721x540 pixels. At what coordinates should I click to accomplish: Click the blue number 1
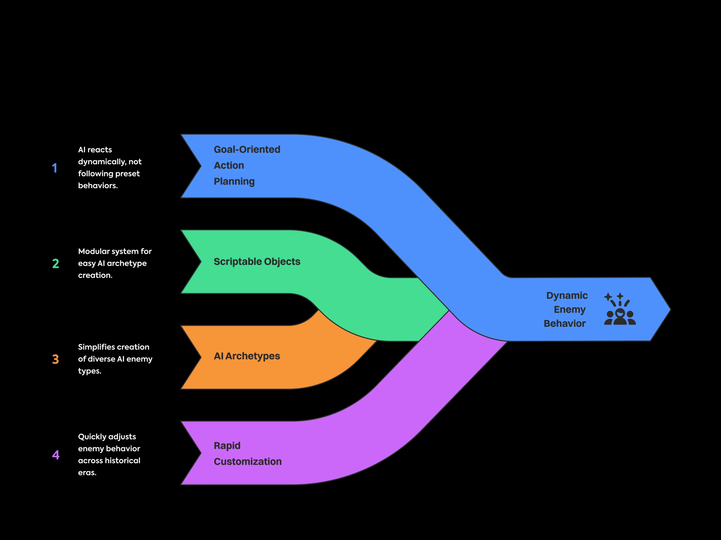point(54,168)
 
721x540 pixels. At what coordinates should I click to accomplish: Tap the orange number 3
point(55,359)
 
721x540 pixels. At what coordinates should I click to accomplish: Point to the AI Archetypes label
point(247,356)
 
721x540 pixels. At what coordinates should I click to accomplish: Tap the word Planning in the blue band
point(234,181)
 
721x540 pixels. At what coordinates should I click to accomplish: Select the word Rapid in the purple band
point(227,445)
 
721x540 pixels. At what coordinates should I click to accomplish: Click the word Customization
point(247,461)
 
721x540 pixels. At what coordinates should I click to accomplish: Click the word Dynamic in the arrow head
point(567,295)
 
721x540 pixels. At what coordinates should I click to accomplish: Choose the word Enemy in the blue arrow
point(570,309)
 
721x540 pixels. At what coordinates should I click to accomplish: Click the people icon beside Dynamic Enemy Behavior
point(620,309)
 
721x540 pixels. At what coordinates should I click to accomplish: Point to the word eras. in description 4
point(87,472)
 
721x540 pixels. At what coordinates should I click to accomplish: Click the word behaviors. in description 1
point(98,185)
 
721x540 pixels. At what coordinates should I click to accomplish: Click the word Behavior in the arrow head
point(565,323)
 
